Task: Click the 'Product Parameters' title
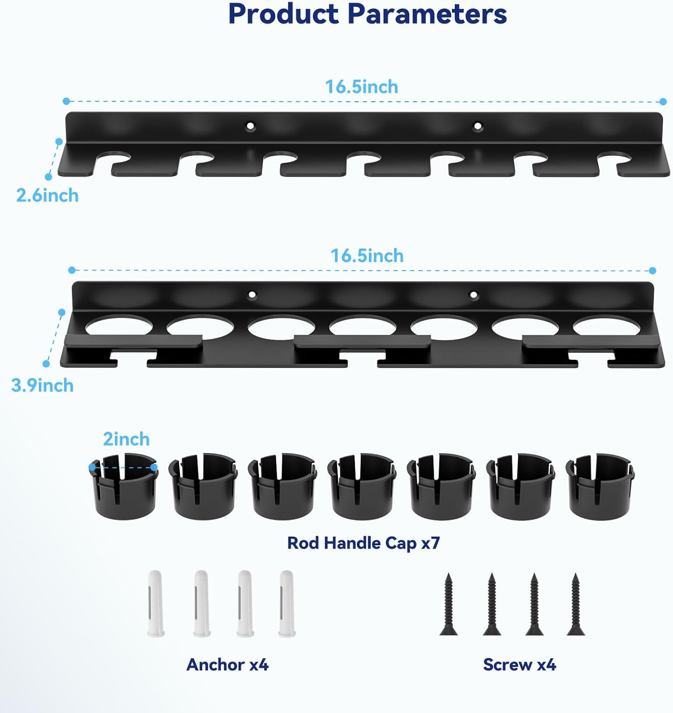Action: [367, 14]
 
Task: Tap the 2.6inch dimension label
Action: [47, 195]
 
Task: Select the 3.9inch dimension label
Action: [42, 385]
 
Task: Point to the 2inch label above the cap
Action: [126, 439]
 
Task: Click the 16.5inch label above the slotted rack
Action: [361, 87]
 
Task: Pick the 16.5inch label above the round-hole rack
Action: [367, 256]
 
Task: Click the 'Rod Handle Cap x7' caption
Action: [364, 543]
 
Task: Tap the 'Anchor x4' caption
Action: [227, 664]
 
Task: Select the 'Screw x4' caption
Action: [519, 664]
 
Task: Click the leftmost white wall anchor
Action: [156, 603]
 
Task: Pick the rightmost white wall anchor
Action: [287, 603]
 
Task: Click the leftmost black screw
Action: [448, 604]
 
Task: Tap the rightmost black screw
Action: [576, 604]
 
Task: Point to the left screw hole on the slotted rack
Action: [250, 126]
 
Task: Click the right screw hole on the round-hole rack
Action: [473, 295]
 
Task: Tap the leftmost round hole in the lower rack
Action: [119, 326]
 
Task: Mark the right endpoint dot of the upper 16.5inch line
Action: [663, 102]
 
